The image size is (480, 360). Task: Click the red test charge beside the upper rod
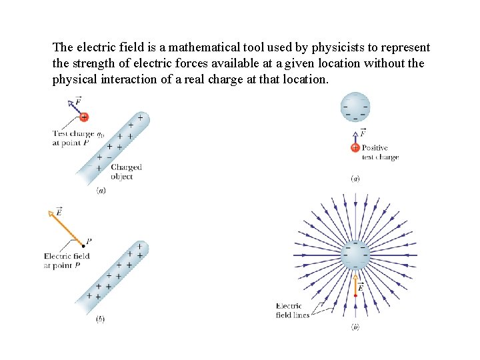83,117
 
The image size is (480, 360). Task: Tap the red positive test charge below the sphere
355,147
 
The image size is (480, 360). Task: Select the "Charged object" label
126,172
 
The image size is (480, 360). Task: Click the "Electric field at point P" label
66,261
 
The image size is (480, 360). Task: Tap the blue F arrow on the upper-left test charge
74,107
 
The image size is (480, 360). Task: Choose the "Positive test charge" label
380,153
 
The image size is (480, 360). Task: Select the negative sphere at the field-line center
355,255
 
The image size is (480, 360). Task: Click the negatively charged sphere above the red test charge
355,107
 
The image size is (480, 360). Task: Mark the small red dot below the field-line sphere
355,295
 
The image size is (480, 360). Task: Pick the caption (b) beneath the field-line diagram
355,327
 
